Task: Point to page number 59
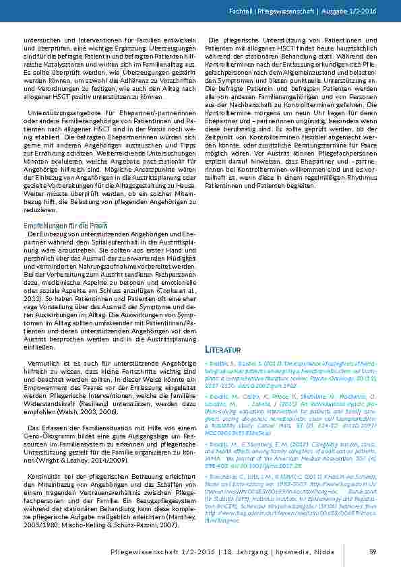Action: tap(371, 552)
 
